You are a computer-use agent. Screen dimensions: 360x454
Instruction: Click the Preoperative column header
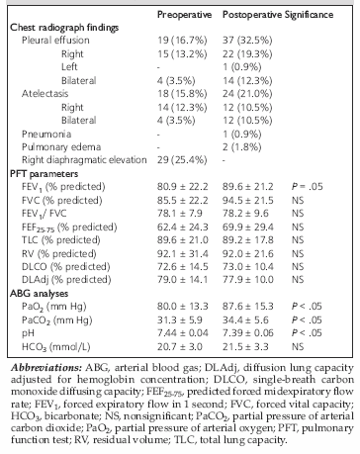coord(184,15)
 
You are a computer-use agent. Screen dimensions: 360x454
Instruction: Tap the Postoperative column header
coord(252,15)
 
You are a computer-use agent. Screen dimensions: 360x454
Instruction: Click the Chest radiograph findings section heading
coord(64,28)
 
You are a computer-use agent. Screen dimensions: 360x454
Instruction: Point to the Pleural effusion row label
coord(55,41)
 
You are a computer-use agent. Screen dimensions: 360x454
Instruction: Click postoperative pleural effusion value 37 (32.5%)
coord(247,41)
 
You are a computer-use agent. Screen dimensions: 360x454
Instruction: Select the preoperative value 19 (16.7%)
coord(182,41)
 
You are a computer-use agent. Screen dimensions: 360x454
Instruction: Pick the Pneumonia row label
coord(46,134)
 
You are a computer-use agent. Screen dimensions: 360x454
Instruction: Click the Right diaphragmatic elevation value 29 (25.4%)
coord(182,160)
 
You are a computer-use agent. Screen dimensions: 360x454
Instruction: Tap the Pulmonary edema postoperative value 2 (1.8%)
coord(242,147)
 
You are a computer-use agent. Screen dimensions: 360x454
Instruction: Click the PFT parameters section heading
coord(44,173)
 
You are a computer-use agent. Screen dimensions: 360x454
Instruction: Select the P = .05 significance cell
coord(308,187)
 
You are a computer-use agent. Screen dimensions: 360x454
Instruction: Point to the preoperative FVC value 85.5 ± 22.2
coord(183,200)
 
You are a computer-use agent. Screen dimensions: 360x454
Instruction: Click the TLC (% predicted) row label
coord(61,240)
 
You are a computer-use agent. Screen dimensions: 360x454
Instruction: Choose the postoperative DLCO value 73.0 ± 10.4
coord(248,266)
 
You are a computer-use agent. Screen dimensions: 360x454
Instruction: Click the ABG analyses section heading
coord(40,293)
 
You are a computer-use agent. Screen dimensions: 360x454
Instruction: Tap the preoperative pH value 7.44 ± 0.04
coord(183,333)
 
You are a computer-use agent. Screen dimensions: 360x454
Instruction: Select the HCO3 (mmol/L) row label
coord(56,347)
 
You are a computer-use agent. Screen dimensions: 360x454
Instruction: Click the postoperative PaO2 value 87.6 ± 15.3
coord(248,307)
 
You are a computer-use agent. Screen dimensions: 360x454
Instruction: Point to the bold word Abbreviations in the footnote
coord(46,368)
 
